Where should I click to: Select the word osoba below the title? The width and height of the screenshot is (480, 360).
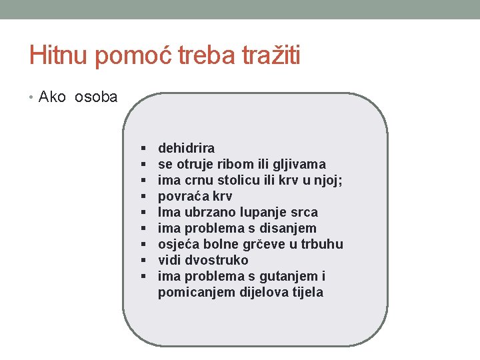[96, 97]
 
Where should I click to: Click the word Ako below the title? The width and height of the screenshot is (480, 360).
[53, 97]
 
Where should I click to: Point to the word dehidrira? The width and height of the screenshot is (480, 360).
[186, 148]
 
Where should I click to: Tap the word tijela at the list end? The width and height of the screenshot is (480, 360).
[306, 292]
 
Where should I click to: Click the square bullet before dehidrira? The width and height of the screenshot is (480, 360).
[143, 148]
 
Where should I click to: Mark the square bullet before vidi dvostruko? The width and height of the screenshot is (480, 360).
[143, 260]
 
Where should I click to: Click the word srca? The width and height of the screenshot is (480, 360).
[303, 212]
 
